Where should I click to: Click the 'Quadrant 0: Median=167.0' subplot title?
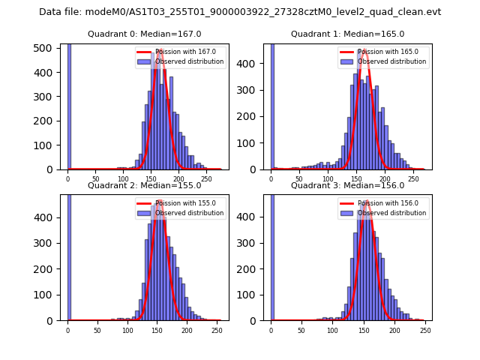click(x=145, y=34)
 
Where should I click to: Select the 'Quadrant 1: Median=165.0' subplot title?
click(x=347, y=34)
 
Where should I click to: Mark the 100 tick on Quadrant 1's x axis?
click(x=328, y=180)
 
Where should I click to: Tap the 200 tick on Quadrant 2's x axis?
click(x=156, y=330)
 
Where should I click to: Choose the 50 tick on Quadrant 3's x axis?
click(x=301, y=330)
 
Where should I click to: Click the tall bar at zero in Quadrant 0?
click(x=68, y=105)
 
